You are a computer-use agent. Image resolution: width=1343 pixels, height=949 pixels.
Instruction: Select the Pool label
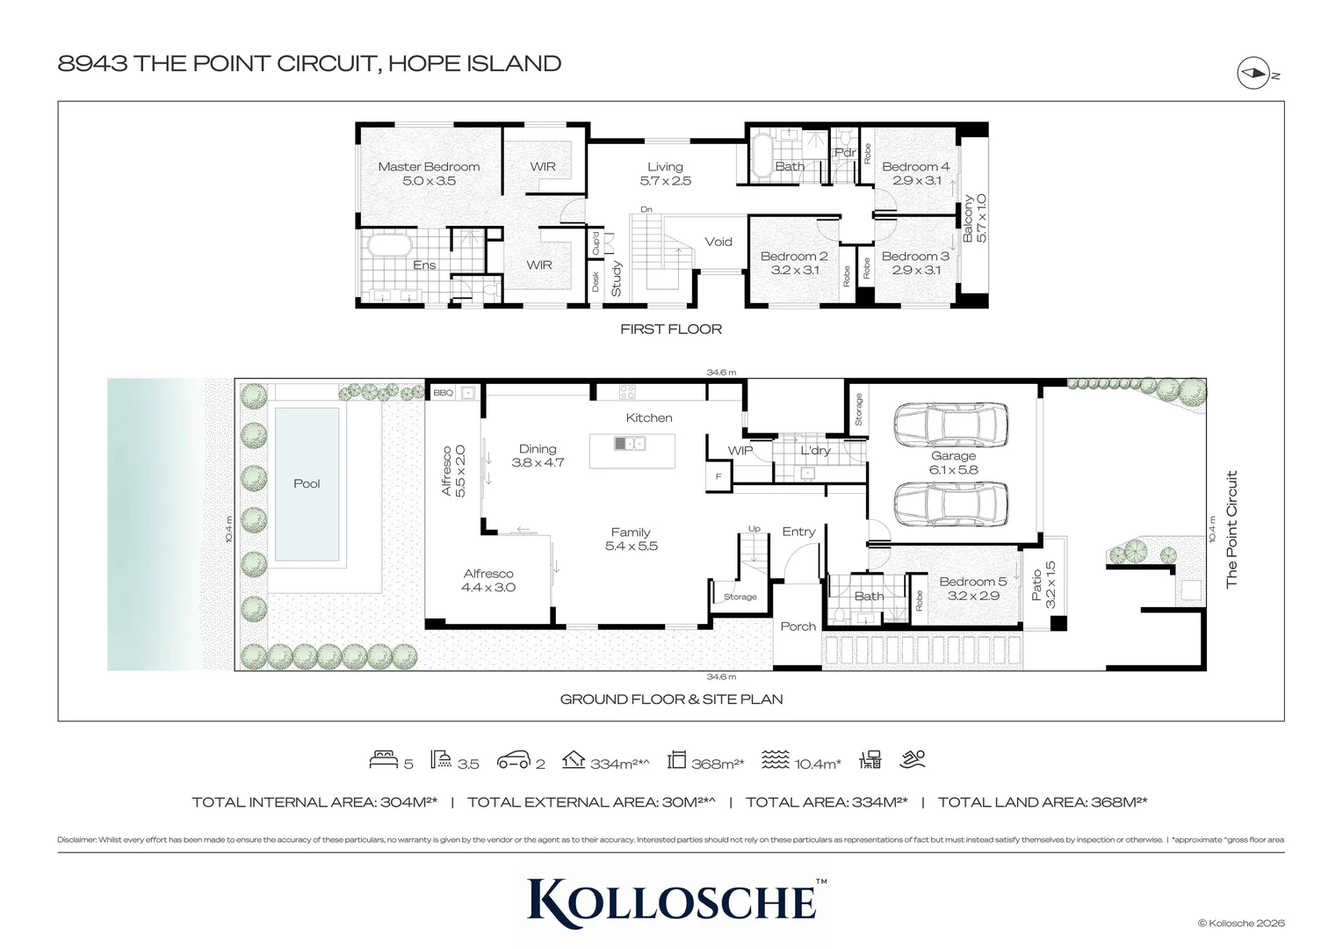coord(307,483)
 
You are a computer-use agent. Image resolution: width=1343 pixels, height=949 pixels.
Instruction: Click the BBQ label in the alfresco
coord(443,393)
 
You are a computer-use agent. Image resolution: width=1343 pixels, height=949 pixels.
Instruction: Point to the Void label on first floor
coord(718,242)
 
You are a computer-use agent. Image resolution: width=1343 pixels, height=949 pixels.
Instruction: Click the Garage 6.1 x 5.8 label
coord(953,462)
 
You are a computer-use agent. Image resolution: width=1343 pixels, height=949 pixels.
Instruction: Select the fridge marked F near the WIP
coord(718,476)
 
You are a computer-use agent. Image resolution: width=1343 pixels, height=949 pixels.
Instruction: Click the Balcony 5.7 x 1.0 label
coord(975,219)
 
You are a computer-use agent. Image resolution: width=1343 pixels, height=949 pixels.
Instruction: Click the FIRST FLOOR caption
coord(670,329)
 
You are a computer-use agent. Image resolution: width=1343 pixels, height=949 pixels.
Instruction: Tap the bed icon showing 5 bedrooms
coord(384,760)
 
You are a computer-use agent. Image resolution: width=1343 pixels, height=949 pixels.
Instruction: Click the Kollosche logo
coord(671,902)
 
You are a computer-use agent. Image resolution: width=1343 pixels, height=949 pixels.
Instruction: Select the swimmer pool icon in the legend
coord(913,759)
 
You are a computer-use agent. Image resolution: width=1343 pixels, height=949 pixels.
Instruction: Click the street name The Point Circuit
coord(1231,529)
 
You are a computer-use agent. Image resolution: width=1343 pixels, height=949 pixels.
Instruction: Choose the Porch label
coord(798,627)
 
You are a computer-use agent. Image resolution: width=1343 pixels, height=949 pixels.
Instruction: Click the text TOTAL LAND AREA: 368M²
coord(1042,801)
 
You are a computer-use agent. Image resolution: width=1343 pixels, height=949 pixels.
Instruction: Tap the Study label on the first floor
coord(617,279)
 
